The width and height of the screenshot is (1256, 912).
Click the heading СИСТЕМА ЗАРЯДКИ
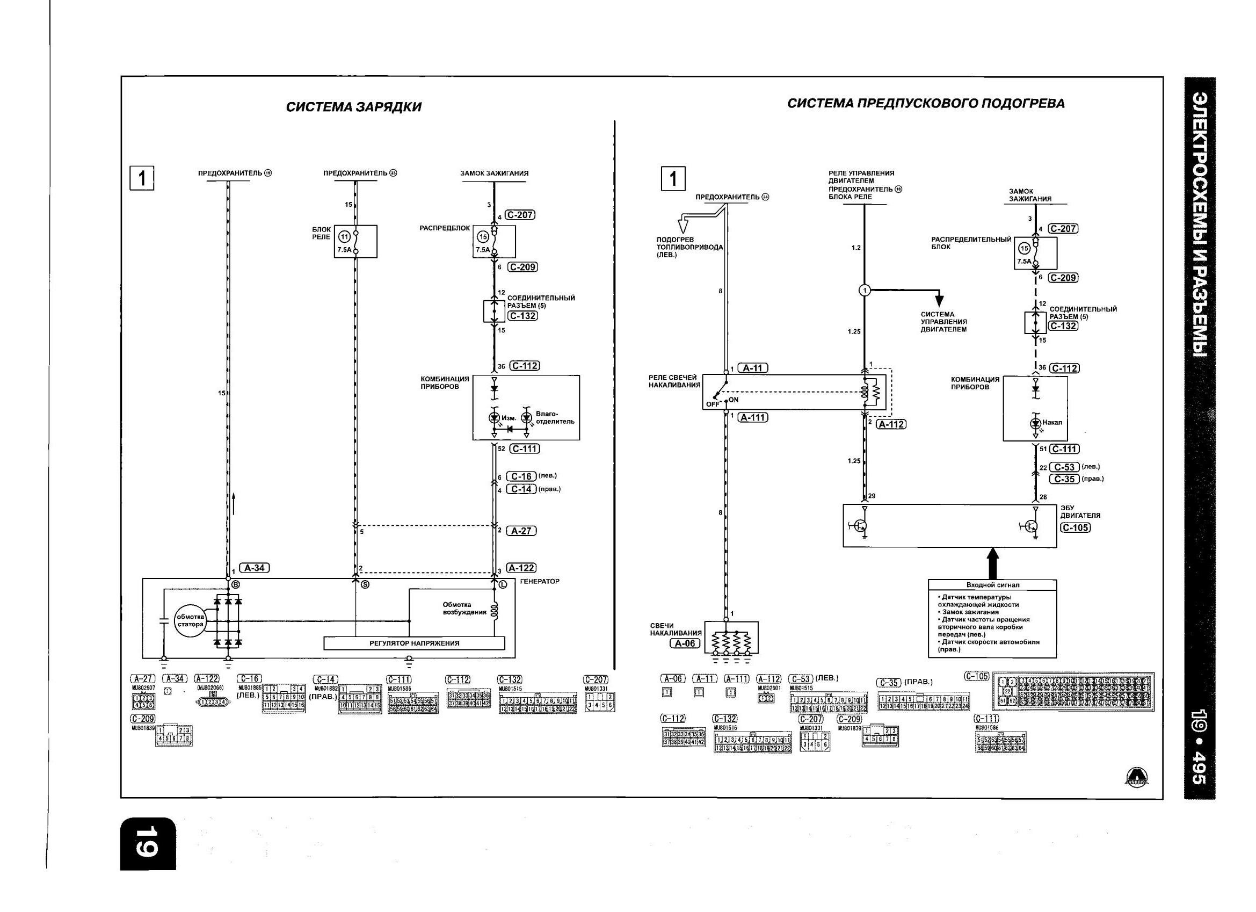pos(353,107)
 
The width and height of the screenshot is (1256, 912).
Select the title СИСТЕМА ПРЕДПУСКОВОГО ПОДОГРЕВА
pos(925,104)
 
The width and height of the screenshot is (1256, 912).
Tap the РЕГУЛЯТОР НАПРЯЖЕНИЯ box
pos(414,643)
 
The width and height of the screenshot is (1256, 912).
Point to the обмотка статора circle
pos(190,620)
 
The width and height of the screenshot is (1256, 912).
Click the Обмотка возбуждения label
pos(464,609)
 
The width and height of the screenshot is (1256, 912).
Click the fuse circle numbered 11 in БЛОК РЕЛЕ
pos(344,237)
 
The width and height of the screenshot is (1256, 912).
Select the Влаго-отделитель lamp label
pos(555,417)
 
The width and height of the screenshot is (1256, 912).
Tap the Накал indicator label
pos(1052,422)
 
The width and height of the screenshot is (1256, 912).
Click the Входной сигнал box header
pos(992,584)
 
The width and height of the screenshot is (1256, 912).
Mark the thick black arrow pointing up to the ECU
pos(993,562)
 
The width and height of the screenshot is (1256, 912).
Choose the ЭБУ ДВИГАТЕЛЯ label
pos(1080,511)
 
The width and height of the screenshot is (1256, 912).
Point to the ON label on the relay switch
pos(733,400)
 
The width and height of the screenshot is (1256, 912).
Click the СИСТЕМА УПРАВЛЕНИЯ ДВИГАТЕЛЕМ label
pos(943,322)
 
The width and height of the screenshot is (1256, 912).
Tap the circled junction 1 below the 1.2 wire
pos(865,290)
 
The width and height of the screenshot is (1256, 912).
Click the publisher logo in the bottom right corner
pos(1136,777)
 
